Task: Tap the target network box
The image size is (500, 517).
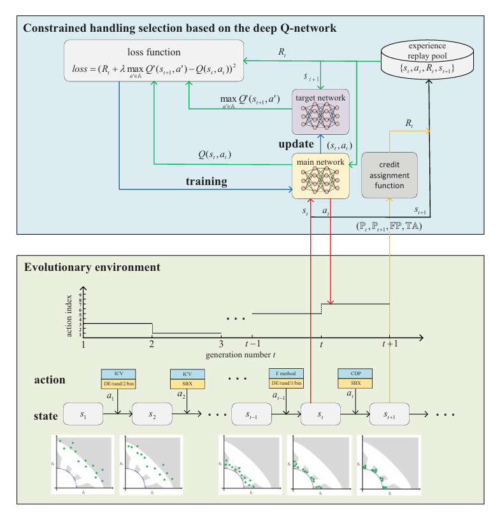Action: [320, 111]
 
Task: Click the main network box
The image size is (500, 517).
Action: [320, 175]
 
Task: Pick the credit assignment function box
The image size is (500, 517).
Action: [390, 175]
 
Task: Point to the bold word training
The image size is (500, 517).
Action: [206, 182]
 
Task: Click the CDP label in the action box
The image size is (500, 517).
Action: [355, 373]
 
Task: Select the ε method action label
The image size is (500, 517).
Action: [286, 373]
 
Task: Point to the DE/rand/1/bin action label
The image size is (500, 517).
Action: [286, 383]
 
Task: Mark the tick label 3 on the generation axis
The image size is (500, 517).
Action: [220, 344]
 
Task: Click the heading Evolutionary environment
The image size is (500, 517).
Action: [92, 267]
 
